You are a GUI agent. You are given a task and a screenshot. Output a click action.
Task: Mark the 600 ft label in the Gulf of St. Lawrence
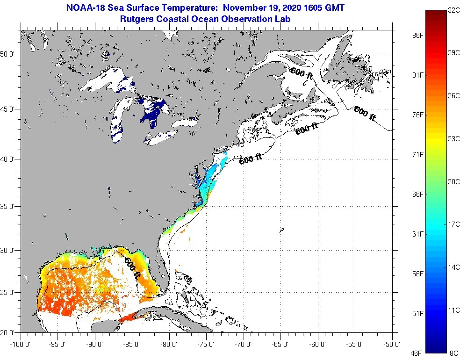302,73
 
